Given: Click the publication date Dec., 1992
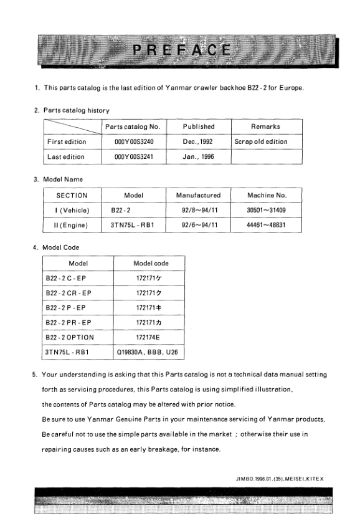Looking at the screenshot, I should pos(199,141).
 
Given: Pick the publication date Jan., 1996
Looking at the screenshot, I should pos(199,156).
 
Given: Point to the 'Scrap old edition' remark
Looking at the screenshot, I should pos(261,141).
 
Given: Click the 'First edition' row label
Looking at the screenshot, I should pos(67,141).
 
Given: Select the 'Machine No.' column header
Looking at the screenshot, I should pos(265,195).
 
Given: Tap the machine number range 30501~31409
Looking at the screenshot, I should pos(266,210).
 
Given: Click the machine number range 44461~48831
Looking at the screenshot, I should pos(266,225).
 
